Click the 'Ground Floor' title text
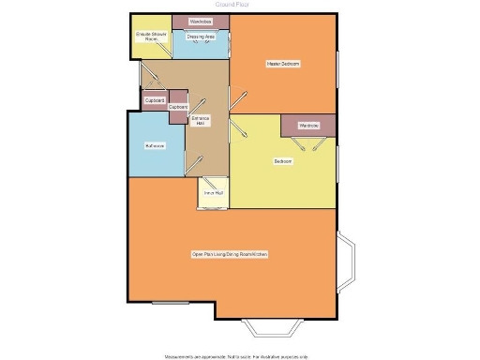[x=239, y=5]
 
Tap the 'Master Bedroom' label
[x=282, y=64]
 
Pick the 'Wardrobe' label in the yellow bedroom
[x=308, y=125]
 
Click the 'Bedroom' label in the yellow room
[x=282, y=161]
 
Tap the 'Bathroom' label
[x=155, y=146]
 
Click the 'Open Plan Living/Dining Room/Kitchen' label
[x=231, y=254]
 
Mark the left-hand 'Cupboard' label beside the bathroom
[x=155, y=99]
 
